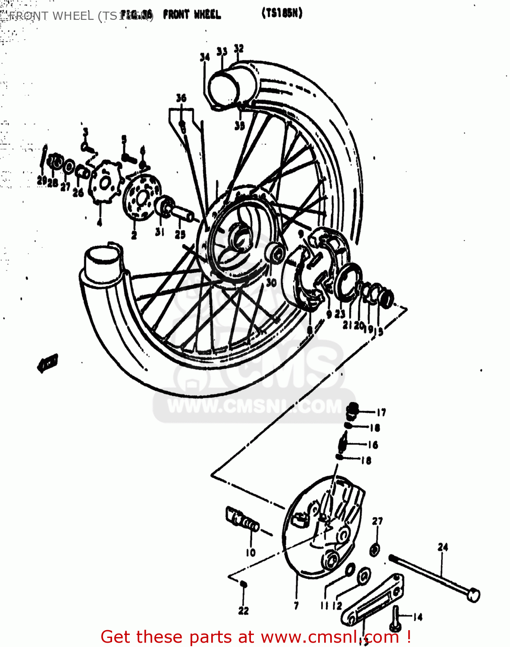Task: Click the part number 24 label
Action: [x=443, y=547]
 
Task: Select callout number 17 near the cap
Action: [x=381, y=413]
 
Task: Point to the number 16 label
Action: [x=373, y=445]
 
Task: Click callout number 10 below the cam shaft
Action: [x=250, y=553]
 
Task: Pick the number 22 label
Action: [x=243, y=611]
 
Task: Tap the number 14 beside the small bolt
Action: [x=417, y=617]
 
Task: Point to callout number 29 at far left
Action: [x=42, y=181]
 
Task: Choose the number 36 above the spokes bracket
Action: [x=181, y=98]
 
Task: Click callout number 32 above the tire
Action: [x=238, y=49]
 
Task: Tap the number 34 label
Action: [x=205, y=57]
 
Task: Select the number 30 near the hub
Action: [x=271, y=283]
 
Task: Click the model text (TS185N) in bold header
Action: [x=282, y=13]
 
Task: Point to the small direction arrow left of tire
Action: [x=47, y=363]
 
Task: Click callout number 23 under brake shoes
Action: [x=340, y=314]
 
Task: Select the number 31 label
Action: [x=160, y=232]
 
